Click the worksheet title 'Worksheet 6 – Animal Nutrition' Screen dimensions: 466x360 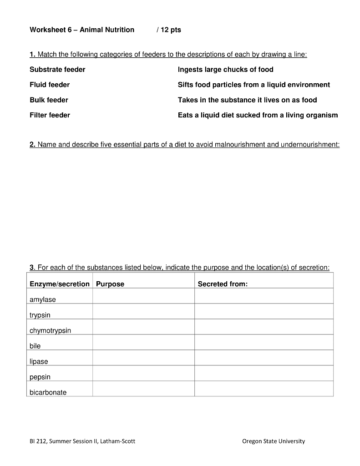(x=82, y=30)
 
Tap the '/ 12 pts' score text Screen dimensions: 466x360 (x=168, y=30)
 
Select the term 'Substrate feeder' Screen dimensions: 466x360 (x=57, y=70)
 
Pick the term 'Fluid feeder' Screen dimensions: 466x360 (x=50, y=85)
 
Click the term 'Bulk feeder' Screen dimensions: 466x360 (x=49, y=100)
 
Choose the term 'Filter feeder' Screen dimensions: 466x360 (x=50, y=115)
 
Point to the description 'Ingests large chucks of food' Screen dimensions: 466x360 (x=225, y=70)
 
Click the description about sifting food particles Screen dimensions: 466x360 (x=254, y=85)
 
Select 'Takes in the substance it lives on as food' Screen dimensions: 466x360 (x=247, y=100)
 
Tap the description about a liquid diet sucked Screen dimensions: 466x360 (x=258, y=115)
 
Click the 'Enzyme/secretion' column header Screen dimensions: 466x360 (x=60, y=284)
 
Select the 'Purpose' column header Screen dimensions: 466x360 (x=110, y=284)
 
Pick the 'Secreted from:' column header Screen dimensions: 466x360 (x=223, y=284)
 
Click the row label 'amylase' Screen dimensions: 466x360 (x=43, y=299)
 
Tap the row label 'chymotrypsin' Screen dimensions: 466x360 (x=51, y=330)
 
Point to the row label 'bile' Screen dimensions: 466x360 (x=35, y=346)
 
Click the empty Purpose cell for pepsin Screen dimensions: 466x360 (x=143, y=373)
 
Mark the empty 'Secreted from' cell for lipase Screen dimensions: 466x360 (x=264, y=358)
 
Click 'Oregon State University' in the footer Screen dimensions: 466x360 (x=274, y=441)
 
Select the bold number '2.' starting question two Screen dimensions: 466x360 (x=33, y=145)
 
